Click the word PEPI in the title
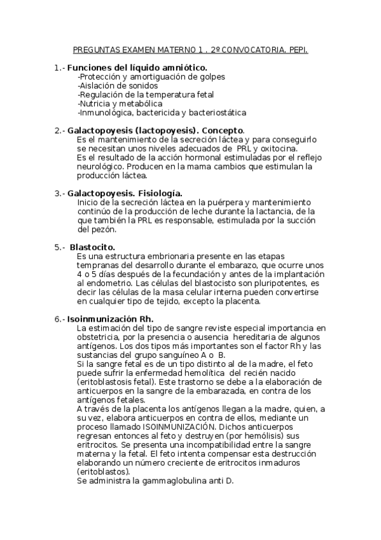[298, 48]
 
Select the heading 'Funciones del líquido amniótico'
[137, 67]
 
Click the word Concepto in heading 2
[223, 130]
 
